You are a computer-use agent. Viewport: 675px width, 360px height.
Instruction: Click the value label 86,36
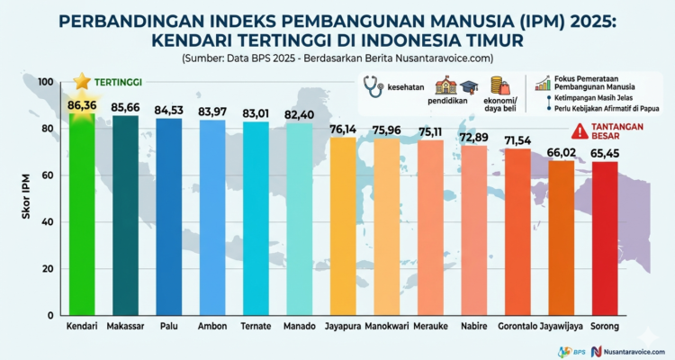click(81, 105)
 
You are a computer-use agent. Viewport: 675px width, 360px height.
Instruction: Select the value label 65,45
click(605, 154)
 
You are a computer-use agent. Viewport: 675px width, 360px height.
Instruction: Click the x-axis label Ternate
click(256, 326)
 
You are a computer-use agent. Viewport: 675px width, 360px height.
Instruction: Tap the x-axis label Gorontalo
click(518, 326)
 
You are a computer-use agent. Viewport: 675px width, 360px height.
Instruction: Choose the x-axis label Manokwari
click(387, 326)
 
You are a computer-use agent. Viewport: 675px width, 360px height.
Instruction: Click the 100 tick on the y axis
click(44, 82)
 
